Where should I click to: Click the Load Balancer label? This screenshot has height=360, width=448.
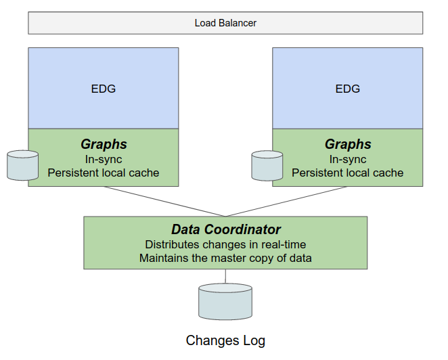(225, 23)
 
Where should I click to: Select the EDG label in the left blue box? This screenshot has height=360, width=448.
(104, 89)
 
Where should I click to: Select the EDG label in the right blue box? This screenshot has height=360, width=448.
(348, 89)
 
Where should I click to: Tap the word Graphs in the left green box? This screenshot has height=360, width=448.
(104, 144)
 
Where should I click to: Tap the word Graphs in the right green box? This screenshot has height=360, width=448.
(348, 144)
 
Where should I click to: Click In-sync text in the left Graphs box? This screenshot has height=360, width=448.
(104, 159)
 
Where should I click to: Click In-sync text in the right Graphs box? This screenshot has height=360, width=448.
(348, 159)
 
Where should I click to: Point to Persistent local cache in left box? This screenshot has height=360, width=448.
(104, 173)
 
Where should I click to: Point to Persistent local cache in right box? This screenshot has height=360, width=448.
(348, 173)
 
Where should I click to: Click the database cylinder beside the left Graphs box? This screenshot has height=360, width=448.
(22, 166)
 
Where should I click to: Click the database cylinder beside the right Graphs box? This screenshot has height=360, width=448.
(267, 166)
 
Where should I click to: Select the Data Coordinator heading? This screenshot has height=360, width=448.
(225, 229)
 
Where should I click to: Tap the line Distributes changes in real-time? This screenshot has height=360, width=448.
(225, 244)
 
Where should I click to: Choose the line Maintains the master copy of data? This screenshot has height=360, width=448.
(225, 258)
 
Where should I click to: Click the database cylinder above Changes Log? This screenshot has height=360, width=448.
(225, 302)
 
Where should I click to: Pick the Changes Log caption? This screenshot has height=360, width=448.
(225, 340)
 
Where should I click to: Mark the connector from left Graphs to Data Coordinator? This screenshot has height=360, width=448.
(164, 202)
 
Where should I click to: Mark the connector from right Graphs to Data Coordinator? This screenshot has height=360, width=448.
(286, 202)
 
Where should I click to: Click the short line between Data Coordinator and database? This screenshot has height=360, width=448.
(225, 276)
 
